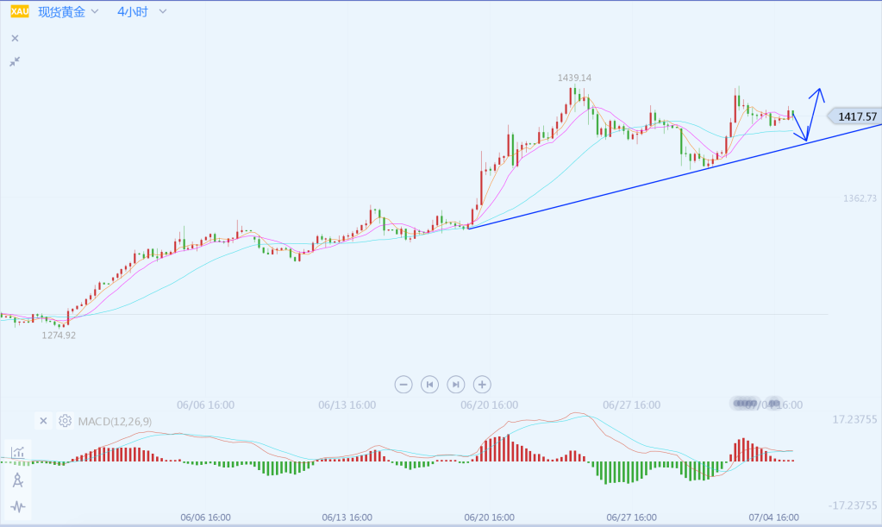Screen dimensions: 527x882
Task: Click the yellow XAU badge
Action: click(x=19, y=12)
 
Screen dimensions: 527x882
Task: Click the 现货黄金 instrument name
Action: click(x=61, y=12)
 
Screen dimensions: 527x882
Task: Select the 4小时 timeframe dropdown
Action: click(x=133, y=12)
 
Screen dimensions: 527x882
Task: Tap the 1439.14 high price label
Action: click(x=574, y=78)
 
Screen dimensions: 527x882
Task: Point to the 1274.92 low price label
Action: click(x=59, y=336)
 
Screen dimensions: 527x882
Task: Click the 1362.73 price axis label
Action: click(x=860, y=198)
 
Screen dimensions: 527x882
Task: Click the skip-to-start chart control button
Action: click(x=429, y=384)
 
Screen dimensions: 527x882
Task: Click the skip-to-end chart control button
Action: click(x=456, y=384)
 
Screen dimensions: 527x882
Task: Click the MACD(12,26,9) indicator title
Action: click(x=115, y=421)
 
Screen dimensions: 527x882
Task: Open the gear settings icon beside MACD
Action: click(x=65, y=421)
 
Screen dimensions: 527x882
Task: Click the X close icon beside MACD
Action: click(x=43, y=421)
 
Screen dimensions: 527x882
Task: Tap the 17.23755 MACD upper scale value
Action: click(x=854, y=420)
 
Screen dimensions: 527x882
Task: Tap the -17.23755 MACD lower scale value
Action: click(x=853, y=505)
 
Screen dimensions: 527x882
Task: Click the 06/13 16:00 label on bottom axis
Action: click(x=347, y=518)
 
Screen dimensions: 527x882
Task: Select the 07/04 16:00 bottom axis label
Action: click(x=773, y=518)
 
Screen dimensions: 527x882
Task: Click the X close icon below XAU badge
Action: click(x=15, y=38)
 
